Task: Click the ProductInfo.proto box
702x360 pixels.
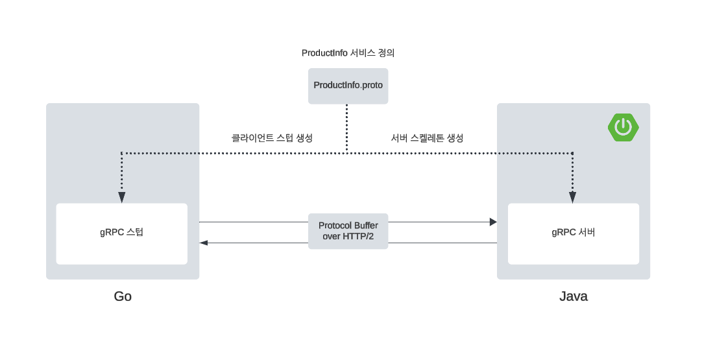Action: [x=348, y=86]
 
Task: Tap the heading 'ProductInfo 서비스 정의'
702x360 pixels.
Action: [x=348, y=53]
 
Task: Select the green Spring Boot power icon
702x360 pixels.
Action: [x=623, y=126]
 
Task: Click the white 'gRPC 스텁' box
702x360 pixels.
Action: [x=121, y=234]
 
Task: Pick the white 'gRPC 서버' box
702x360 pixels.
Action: [x=573, y=234]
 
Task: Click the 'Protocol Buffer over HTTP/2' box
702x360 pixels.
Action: [x=348, y=231]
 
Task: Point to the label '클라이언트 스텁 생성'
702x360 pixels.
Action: [x=272, y=138]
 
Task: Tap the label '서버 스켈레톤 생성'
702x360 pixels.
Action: [x=427, y=138]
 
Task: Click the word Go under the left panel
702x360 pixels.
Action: [x=123, y=296]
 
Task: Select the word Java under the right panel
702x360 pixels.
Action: [x=574, y=296]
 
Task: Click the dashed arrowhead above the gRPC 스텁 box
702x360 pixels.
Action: [x=122, y=198]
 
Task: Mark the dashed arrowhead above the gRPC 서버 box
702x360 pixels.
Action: [x=572, y=198]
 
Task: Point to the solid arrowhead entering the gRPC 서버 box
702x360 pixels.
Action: [x=493, y=222]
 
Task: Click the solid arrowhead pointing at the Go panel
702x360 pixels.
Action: [x=204, y=243]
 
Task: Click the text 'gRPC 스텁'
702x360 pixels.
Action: [x=121, y=232]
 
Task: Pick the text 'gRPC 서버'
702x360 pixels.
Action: [x=573, y=232]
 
